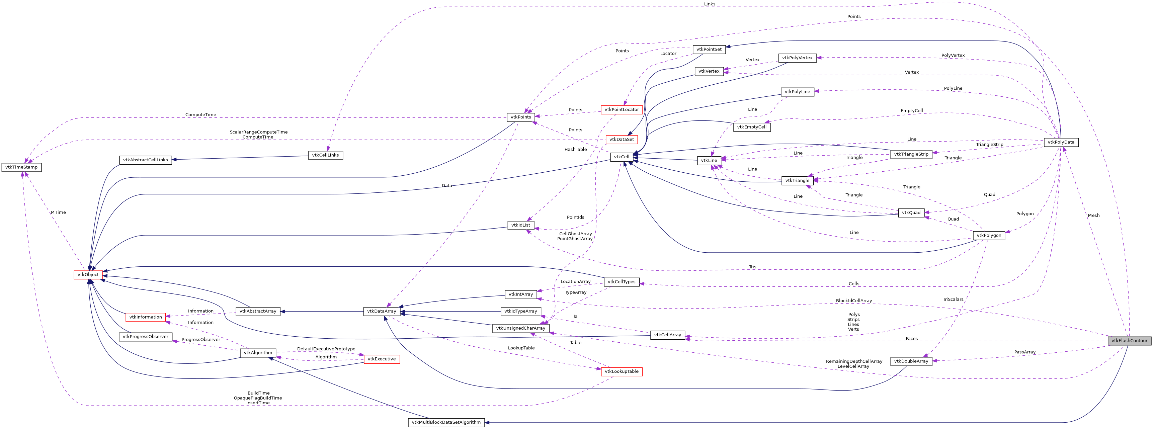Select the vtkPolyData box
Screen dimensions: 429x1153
click(x=1061, y=142)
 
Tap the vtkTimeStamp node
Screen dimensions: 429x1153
click(x=21, y=167)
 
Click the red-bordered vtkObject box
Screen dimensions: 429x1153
click(x=88, y=275)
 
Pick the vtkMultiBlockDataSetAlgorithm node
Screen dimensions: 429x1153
click(x=446, y=422)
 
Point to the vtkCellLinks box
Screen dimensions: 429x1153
click(x=325, y=155)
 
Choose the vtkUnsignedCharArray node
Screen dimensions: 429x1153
click(x=520, y=328)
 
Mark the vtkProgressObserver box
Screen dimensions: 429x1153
click(x=146, y=337)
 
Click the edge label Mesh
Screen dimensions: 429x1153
click(x=1093, y=216)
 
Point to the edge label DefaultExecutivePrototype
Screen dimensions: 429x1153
click(x=326, y=349)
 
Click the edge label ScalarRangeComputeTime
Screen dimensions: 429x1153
click(x=258, y=132)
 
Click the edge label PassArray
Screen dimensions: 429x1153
click(x=1024, y=352)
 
